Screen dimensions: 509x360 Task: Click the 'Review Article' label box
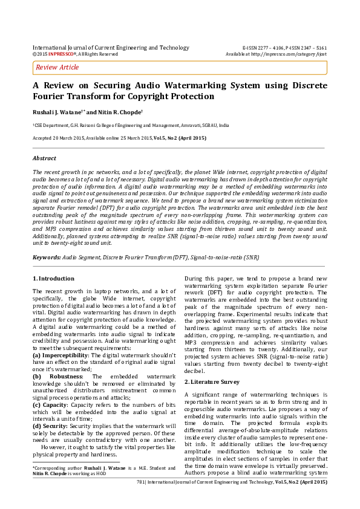(x=57, y=67)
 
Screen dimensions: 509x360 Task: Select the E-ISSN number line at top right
(x=284, y=47)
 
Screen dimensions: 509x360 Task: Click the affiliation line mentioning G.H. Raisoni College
(x=131, y=125)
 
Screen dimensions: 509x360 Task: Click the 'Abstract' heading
(x=44, y=158)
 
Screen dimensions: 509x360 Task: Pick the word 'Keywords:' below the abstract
(x=46, y=258)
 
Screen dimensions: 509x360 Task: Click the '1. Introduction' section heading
(x=53, y=279)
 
